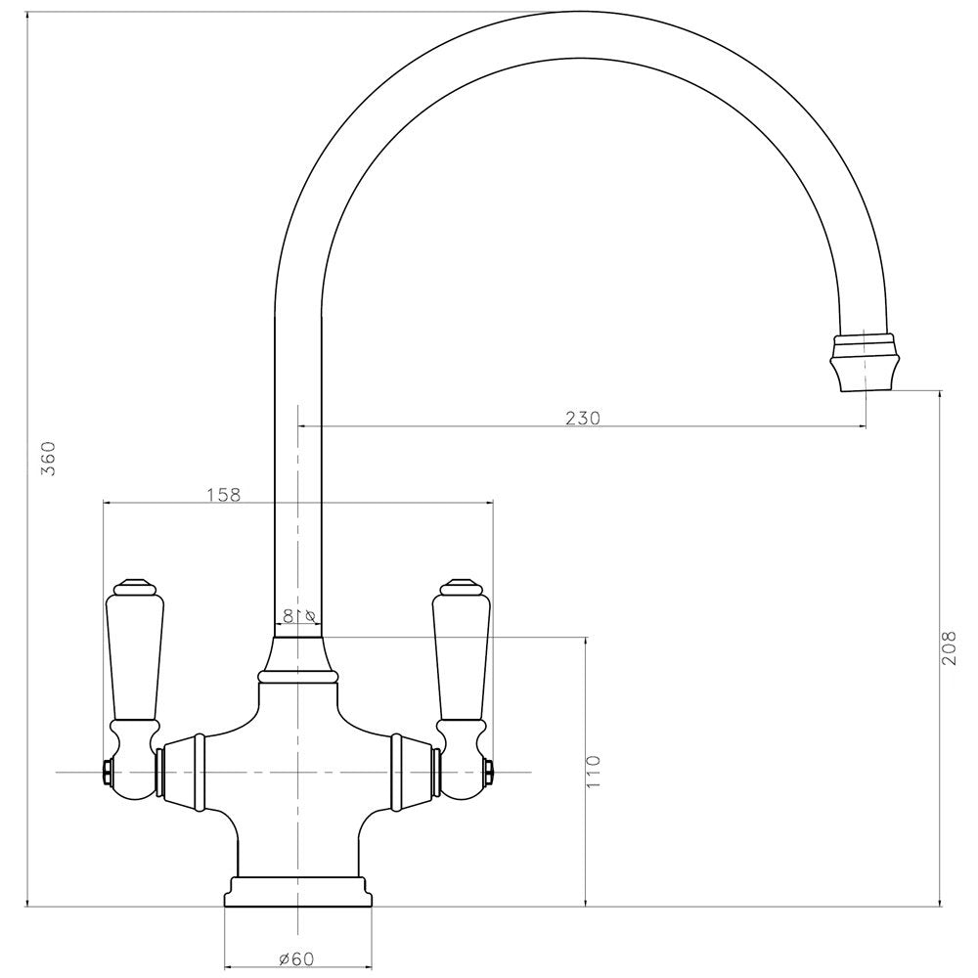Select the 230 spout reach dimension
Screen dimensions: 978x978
click(x=583, y=418)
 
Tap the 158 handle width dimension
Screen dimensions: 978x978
click(x=223, y=494)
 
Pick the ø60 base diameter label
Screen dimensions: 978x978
click(x=295, y=959)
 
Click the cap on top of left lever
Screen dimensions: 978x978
click(x=133, y=588)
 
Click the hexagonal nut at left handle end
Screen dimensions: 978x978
click(x=104, y=774)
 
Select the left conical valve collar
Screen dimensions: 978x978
click(x=181, y=773)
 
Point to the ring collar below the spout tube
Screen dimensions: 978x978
click(x=298, y=674)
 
